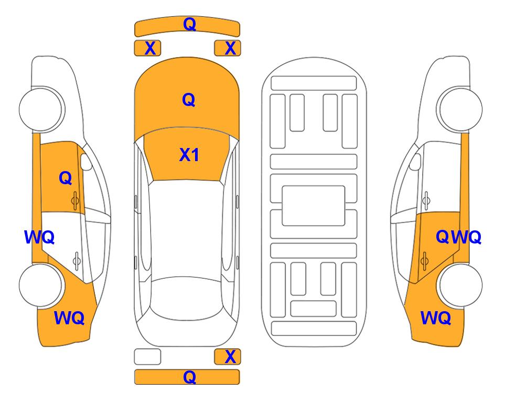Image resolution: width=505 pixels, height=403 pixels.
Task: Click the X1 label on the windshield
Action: tap(189, 155)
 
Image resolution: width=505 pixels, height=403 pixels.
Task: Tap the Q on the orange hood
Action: tap(189, 100)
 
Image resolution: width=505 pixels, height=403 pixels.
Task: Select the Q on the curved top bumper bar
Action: tap(190, 24)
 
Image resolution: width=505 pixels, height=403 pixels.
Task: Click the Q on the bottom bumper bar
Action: tap(190, 377)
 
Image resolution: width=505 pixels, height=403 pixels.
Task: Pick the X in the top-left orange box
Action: tap(151, 48)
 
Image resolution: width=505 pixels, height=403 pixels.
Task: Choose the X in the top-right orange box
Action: tap(230, 48)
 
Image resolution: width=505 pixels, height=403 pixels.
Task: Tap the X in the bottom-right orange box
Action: tap(230, 357)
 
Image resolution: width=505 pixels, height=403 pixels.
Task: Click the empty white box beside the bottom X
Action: tap(147, 357)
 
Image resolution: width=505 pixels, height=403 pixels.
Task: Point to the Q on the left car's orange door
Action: tap(66, 178)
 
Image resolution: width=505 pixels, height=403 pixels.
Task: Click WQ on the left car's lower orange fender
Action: tap(69, 318)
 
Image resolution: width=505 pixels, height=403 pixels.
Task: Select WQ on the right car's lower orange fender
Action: tap(436, 318)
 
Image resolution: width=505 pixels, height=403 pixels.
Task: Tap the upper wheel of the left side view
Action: tap(41, 109)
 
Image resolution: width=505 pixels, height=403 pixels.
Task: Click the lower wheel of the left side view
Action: tap(41, 285)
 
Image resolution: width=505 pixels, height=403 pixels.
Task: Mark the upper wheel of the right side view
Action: tap(459, 109)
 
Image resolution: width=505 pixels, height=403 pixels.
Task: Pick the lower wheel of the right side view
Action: tap(459, 285)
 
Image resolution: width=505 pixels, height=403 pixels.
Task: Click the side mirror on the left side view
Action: tap(86, 162)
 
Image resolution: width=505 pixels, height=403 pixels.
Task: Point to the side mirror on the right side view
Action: tap(415, 162)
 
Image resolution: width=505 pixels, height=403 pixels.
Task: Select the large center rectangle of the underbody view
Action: tap(314, 206)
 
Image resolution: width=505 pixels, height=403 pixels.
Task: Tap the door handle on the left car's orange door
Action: tap(75, 201)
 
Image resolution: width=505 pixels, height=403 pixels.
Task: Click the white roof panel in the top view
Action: tap(186, 229)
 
